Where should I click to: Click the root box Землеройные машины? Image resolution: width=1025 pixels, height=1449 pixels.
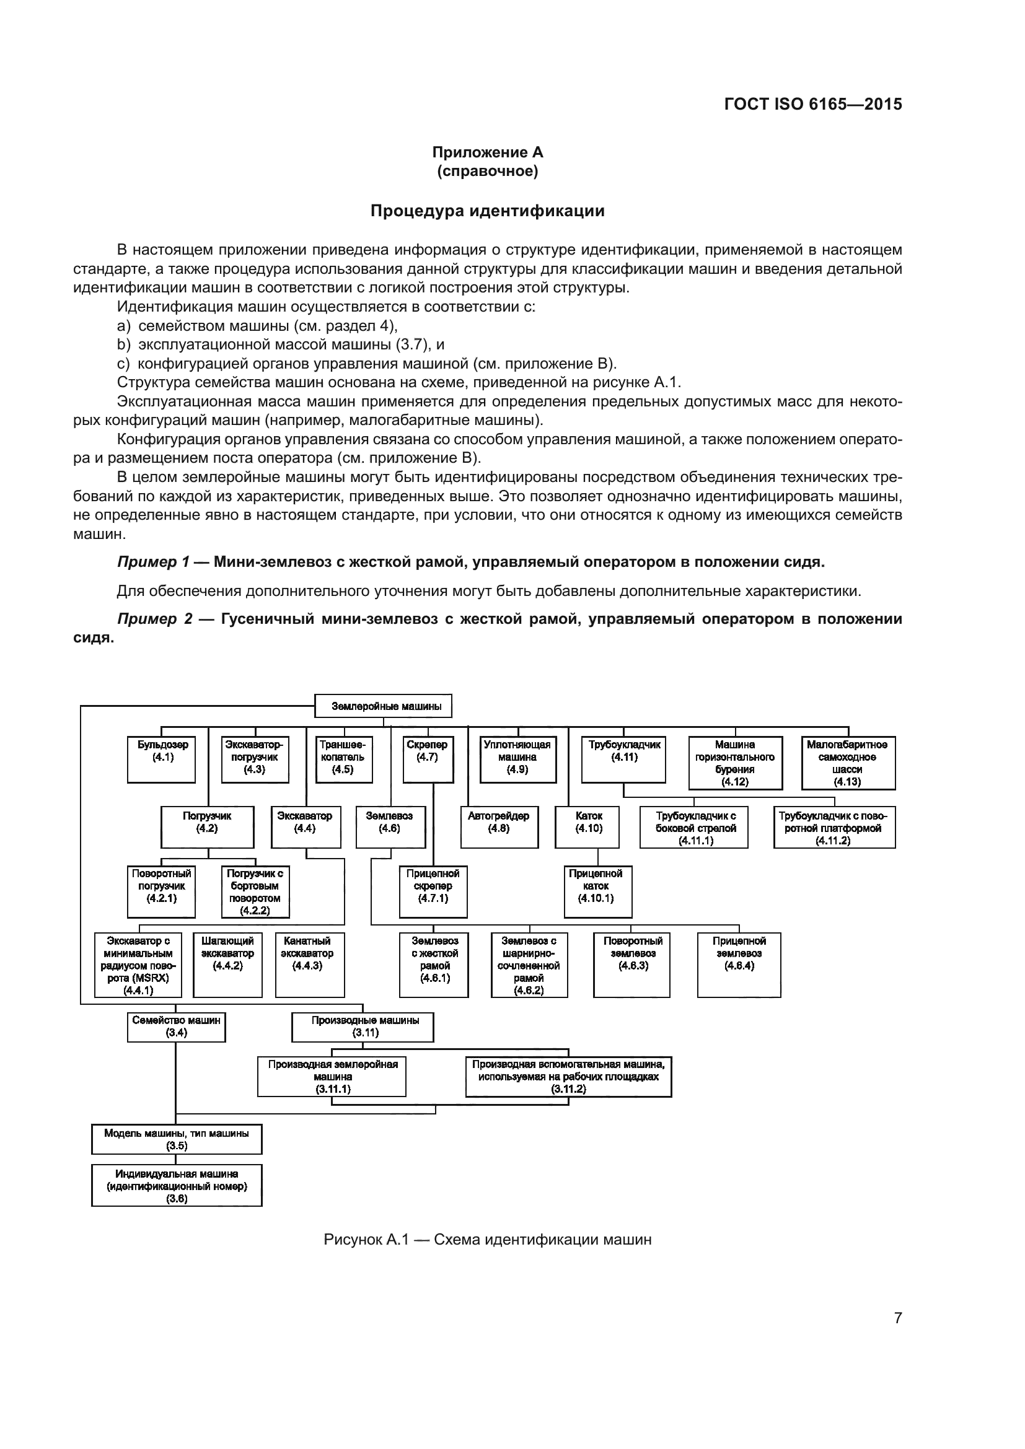tap(383, 706)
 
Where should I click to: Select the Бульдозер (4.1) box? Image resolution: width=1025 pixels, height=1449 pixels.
tap(162, 759)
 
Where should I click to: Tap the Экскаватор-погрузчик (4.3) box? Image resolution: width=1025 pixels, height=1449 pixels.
tap(254, 759)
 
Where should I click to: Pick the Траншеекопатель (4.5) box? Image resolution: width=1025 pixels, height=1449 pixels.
tap(343, 759)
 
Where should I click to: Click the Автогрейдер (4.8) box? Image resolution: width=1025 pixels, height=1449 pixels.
tap(499, 826)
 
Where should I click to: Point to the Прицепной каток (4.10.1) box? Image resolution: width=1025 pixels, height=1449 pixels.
tap(597, 890)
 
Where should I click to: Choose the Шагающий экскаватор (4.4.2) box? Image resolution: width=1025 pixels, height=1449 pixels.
tap(227, 964)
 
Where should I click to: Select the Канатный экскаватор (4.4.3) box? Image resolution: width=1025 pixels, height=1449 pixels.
tap(310, 964)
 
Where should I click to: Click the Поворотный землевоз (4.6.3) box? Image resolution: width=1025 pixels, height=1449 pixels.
tap(631, 964)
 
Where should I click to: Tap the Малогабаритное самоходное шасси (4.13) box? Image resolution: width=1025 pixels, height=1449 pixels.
tap(848, 763)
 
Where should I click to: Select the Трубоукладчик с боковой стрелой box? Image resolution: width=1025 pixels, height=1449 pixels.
tap(693, 828)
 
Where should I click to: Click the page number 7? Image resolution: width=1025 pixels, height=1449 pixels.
tap(897, 1318)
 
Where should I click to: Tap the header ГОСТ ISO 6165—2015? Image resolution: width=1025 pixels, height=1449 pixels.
tap(813, 105)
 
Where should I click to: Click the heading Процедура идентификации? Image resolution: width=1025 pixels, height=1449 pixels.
tap(487, 211)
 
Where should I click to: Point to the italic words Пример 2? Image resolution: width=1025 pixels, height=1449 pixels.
tap(154, 619)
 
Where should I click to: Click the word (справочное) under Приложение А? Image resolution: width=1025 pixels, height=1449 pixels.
tap(487, 172)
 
